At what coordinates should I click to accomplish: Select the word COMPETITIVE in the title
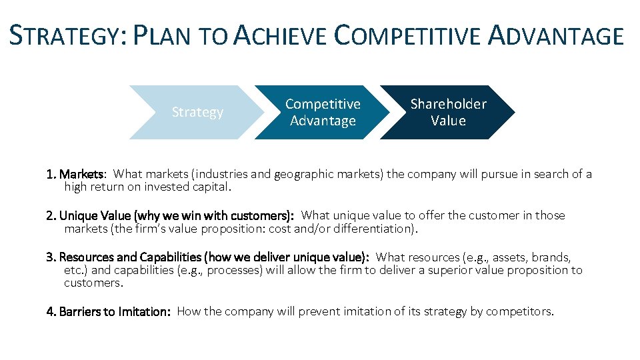coord(406,35)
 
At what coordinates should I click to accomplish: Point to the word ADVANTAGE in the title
coord(556,35)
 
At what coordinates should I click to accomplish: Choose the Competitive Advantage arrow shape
coord(323,112)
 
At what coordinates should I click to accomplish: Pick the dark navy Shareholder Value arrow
coord(448,112)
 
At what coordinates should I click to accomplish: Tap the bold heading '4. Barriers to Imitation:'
coord(109,312)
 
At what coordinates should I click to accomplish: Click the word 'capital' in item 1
coord(210,187)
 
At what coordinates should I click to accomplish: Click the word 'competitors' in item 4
coord(519,312)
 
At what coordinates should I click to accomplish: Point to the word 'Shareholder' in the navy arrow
coord(448,104)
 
